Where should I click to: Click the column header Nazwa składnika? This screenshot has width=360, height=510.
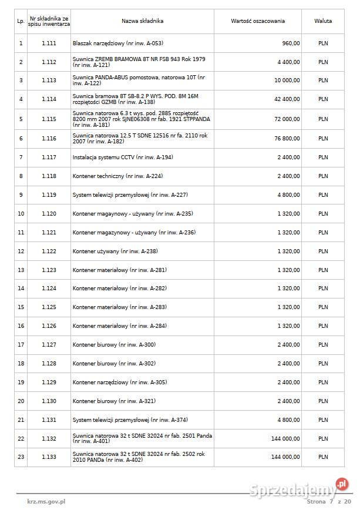(142, 21)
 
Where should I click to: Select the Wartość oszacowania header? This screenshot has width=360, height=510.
(258, 21)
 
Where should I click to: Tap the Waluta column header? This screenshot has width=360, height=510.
(323, 21)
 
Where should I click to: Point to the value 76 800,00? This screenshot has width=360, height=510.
(286, 139)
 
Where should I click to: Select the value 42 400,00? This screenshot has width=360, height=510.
(286, 99)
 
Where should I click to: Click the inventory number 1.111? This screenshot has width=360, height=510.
(49, 43)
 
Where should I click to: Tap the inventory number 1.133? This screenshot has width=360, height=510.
(49, 457)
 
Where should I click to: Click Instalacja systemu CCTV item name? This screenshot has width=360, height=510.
(123, 157)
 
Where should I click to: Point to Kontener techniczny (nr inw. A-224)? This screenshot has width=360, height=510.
(117, 176)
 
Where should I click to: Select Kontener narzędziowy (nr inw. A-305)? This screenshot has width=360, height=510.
(120, 382)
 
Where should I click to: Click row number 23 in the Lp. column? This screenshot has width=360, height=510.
(21, 457)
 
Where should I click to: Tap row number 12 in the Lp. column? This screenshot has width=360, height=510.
(21, 251)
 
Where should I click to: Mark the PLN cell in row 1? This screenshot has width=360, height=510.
(323, 43)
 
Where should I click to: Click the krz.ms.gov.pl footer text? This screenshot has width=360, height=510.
(46, 502)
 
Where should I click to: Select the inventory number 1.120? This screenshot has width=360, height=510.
(49, 214)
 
